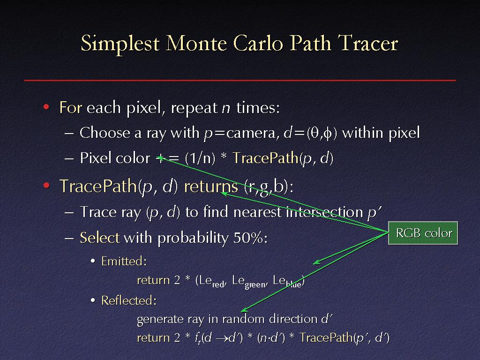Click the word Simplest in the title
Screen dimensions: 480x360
coord(120,44)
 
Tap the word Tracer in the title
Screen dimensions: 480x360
coord(367,42)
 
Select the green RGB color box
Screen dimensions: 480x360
coord(423,233)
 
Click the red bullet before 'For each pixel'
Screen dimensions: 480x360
coord(46,107)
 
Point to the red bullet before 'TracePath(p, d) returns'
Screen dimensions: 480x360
coord(46,186)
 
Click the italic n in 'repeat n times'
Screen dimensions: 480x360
coord(226,108)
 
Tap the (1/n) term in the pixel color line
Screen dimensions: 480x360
coord(200,158)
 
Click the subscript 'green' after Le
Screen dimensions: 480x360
coord(255,285)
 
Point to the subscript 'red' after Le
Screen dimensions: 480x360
coord(218,285)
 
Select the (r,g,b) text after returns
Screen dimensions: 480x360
coord(266,187)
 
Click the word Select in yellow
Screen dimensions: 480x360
coord(99,238)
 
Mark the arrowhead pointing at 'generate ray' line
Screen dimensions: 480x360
coord(244,310)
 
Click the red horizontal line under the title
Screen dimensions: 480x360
coord(240,80)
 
